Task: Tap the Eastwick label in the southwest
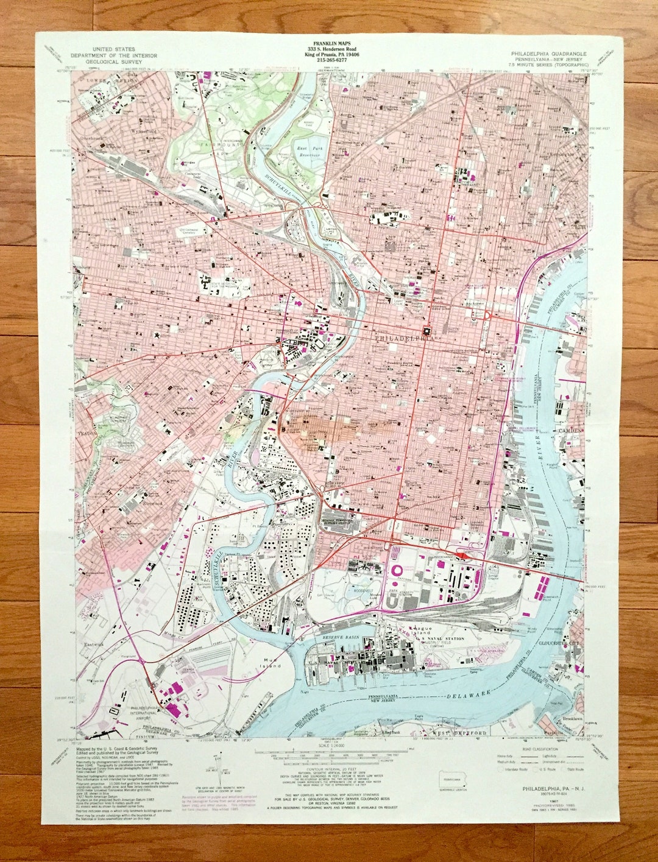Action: [94, 643]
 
